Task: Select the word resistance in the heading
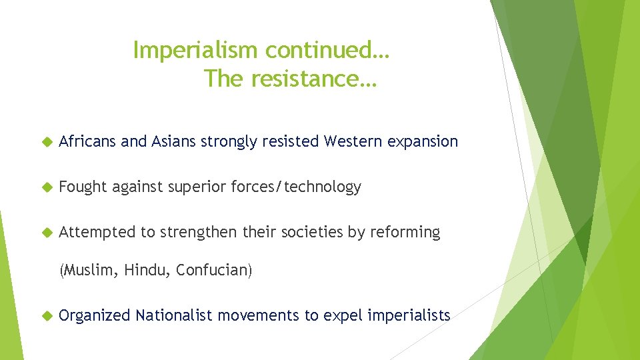point(309,79)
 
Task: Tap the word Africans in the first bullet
point(88,141)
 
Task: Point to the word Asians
point(174,141)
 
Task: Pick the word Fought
point(83,187)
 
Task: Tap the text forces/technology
point(296,187)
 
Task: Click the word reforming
point(405,232)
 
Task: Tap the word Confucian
point(213,271)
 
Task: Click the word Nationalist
point(175,315)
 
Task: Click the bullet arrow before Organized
point(46,315)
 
